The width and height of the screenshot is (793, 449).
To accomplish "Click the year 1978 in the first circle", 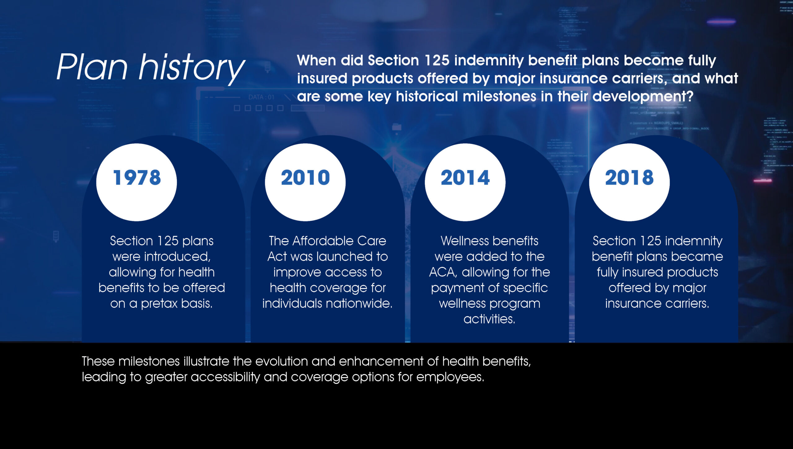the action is click(x=137, y=178).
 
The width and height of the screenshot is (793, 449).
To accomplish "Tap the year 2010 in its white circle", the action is click(x=305, y=178).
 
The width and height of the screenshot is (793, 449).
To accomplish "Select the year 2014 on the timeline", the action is click(x=465, y=178).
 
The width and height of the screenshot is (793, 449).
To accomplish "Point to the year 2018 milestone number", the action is click(x=629, y=178).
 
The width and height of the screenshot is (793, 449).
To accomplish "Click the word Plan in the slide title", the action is click(x=92, y=67).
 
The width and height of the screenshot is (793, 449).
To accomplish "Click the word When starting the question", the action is click(x=317, y=60).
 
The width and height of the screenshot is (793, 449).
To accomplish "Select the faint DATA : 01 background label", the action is click(x=261, y=97).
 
